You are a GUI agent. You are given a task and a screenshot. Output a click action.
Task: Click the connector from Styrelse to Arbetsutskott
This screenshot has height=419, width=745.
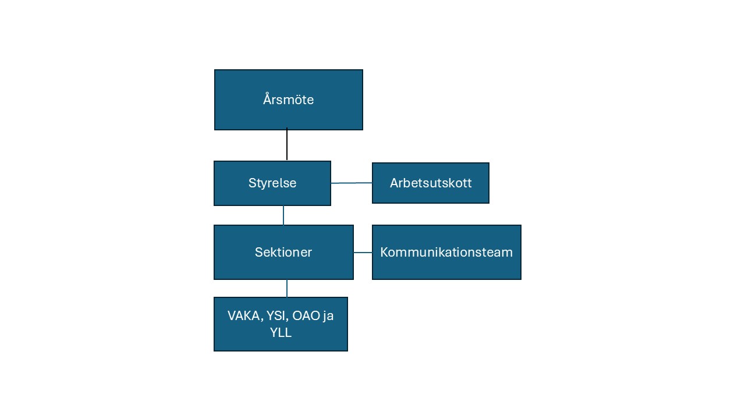(352, 183)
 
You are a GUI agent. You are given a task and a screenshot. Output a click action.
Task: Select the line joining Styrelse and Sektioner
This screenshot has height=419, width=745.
(283, 215)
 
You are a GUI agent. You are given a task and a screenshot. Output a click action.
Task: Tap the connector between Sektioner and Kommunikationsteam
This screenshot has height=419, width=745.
(363, 253)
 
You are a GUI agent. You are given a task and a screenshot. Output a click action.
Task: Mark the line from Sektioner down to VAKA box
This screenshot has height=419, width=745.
(287, 289)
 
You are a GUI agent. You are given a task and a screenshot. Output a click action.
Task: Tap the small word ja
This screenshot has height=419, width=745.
(328, 316)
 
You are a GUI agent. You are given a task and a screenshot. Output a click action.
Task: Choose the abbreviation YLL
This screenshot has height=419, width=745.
(281, 333)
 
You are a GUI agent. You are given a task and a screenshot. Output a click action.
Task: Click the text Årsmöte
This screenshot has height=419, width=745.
(288, 100)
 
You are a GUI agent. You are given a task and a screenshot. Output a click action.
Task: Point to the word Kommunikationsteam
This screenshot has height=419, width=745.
(446, 253)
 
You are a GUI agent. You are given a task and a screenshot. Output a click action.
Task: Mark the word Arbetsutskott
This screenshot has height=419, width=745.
(431, 183)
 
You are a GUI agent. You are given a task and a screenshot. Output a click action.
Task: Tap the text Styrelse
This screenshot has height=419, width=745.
(272, 183)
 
